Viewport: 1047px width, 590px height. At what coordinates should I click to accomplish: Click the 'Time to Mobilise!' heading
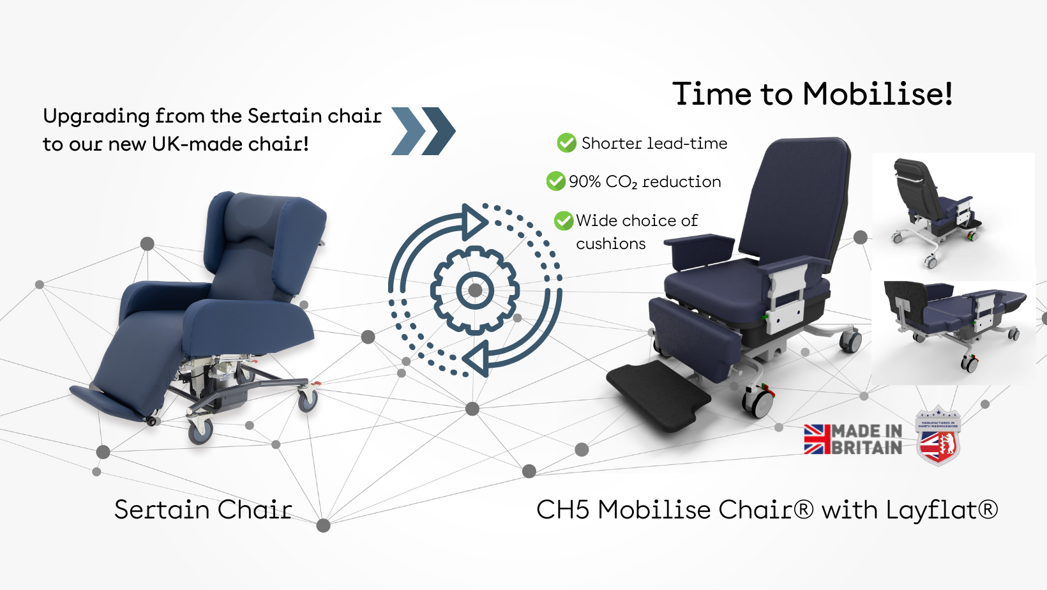(812, 94)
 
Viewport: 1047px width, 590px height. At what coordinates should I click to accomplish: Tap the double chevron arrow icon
(423, 131)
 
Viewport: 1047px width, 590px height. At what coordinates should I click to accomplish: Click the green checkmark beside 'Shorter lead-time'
(566, 143)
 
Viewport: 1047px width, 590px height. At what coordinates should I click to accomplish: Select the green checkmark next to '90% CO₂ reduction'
(555, 181)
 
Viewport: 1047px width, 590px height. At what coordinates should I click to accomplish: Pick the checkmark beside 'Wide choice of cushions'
(563, 221)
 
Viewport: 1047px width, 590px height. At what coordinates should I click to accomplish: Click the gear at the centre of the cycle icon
(475, 291)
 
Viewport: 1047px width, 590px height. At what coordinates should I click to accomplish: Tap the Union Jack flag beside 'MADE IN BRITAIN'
(817, 439)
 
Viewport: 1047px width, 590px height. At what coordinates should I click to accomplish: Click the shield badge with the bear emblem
(938, 437)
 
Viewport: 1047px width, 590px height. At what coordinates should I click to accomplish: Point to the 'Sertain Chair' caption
(203, 510)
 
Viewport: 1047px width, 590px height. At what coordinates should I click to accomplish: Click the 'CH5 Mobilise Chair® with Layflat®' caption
(767, 510)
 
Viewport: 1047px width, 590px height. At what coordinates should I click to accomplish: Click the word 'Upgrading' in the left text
(96, 116)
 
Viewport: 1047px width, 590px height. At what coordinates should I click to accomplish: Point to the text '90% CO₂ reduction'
(645, 182)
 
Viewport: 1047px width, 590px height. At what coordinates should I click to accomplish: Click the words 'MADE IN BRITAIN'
(867, 439)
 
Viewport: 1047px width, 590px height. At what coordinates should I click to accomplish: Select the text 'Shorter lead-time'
(654, 143)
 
